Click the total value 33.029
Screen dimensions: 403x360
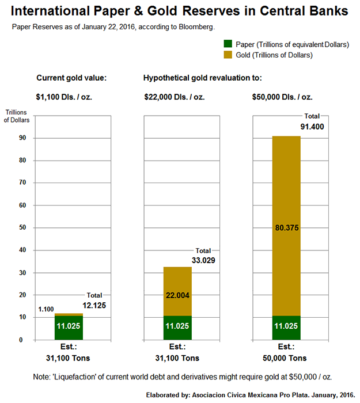click(203, 260)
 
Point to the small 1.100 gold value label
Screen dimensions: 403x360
click(46, 309)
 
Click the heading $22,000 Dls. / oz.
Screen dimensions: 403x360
click(174, 97)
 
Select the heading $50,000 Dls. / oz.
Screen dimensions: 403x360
click(282, 97)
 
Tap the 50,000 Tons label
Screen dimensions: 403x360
click(286, 358)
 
